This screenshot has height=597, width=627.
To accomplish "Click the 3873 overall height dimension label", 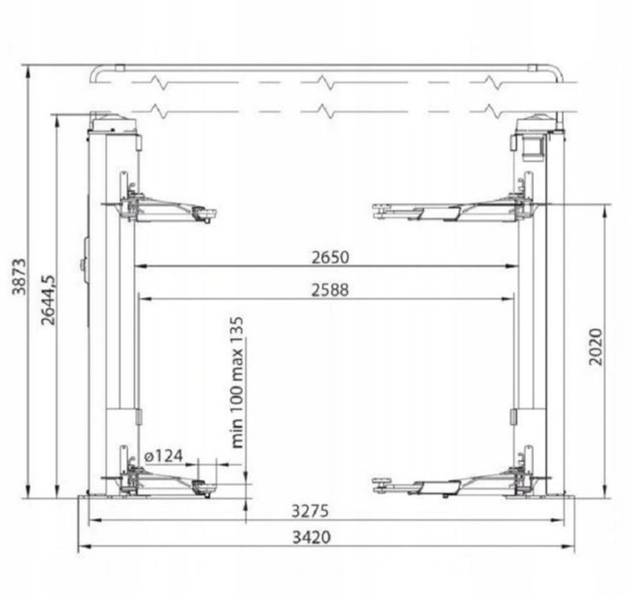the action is tap(19, 277).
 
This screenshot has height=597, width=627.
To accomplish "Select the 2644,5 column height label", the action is tap(49, 299).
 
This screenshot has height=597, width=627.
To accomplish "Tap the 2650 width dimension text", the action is tap(330, 257).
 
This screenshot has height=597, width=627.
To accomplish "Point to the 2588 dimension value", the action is tap(330, 290).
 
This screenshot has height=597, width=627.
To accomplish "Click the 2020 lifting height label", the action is tap(595, 346).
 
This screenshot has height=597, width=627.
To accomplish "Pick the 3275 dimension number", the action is tap(310, 511).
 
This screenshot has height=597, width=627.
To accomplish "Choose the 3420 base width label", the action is tap(311, 537).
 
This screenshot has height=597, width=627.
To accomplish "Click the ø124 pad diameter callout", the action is tap(164, 455).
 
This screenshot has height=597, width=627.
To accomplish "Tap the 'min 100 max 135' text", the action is tap(237, 382).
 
